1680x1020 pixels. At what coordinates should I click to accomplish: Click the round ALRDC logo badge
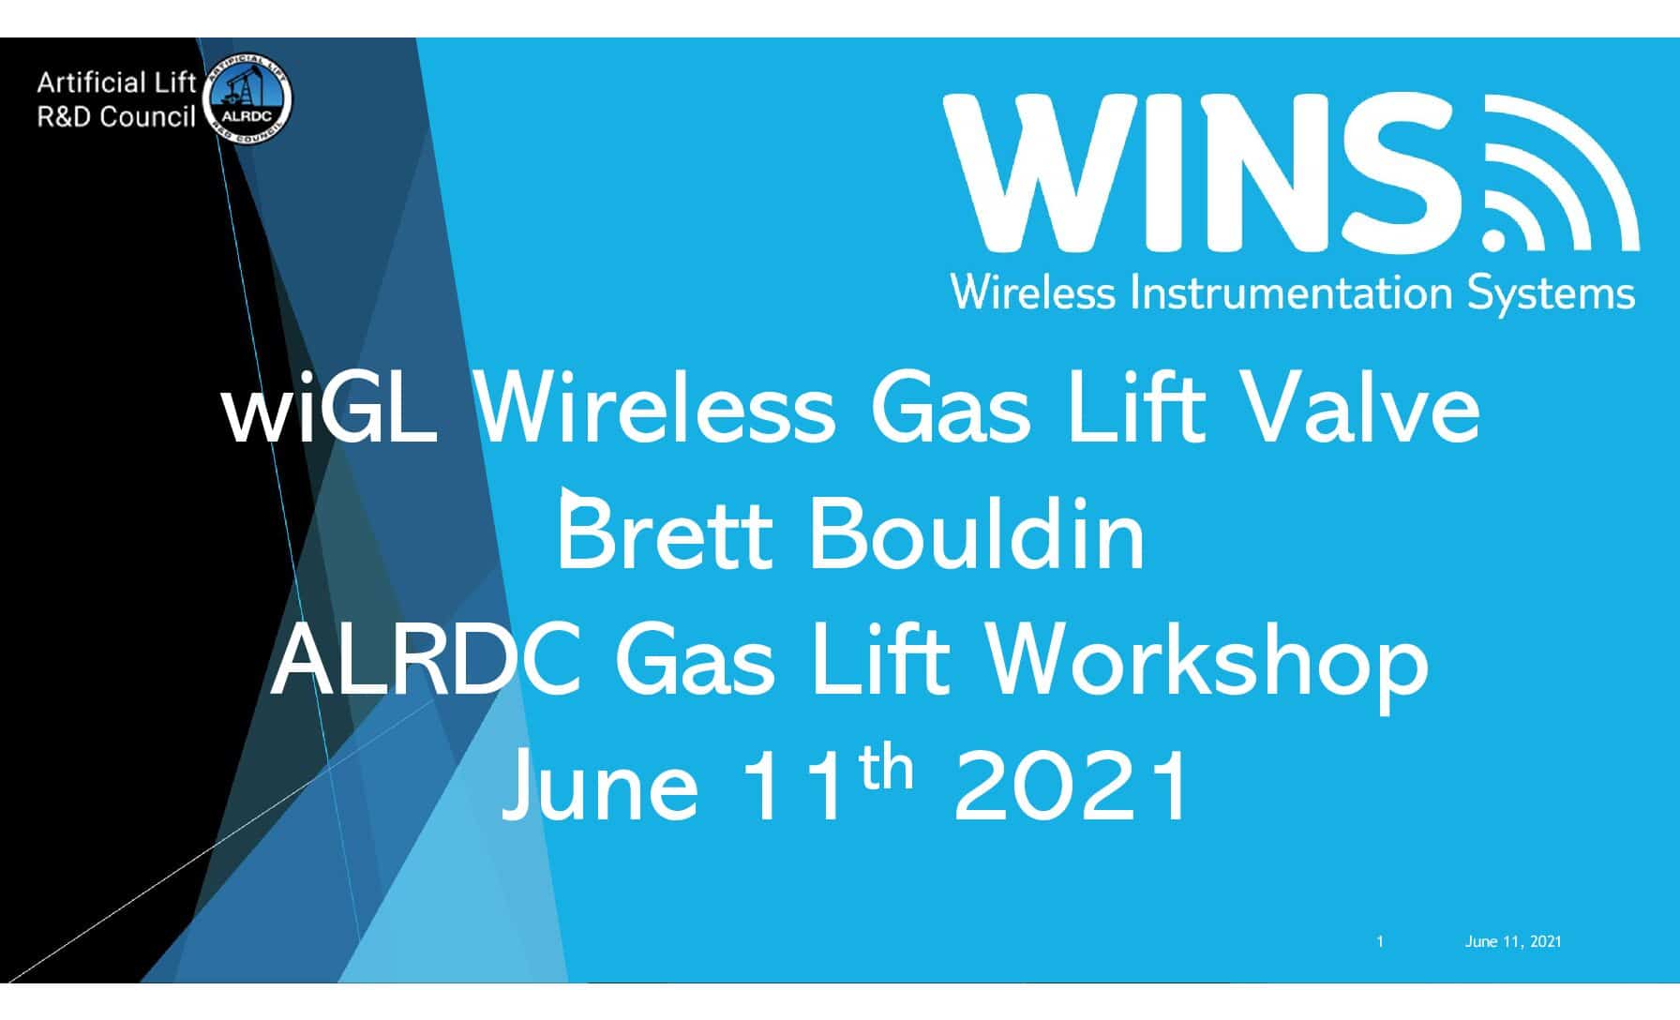(247, 100)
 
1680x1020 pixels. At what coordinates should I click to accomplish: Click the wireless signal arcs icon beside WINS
(1561, 174)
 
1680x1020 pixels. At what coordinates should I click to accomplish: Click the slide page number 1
(1380, 941)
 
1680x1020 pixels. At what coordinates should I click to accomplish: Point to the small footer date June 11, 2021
(1513, 941)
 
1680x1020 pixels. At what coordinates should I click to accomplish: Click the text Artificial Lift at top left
(116, 83)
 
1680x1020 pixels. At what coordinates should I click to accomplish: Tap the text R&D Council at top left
(116, 117)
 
